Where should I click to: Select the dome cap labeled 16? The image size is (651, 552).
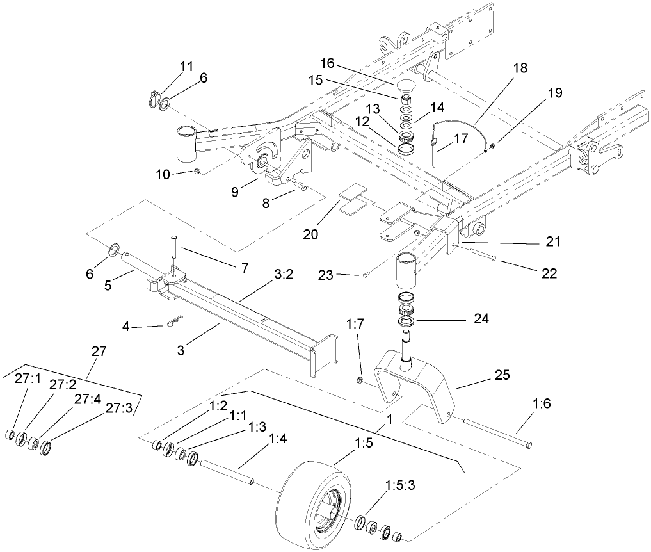point(406,85)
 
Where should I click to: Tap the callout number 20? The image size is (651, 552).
point(310,234)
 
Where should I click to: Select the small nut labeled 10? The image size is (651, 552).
point(198,171)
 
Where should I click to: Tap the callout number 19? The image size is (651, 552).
point(554,93)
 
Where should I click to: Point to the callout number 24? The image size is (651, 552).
point(480,318)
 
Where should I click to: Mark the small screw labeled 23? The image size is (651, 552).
point(365,275)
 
